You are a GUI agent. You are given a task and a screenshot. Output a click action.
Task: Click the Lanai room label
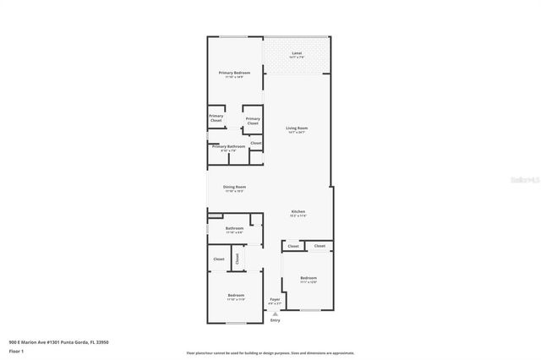[x=296, y=54]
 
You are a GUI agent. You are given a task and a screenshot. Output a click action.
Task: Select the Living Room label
[x=296, y=128]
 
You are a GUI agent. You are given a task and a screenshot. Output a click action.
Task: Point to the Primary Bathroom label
[x=228, y=146]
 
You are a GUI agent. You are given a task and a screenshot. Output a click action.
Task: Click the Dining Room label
[x=234, y=187]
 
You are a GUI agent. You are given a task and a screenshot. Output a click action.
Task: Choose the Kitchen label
[x=298, y=211]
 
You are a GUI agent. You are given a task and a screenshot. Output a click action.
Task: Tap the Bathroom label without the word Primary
[x=234, y=228]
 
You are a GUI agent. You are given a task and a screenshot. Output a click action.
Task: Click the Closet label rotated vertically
[x=237, y=259]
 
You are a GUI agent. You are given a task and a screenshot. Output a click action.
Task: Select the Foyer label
[x=275, y=299]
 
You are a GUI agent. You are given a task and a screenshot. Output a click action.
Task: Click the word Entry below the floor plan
[x=275, y=321]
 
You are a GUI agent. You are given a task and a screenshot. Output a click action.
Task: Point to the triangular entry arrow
[x=275, y=314]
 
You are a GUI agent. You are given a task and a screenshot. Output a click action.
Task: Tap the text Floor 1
[x=16, y=351]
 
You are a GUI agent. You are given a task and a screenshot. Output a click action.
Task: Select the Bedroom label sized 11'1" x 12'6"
[x=309, y=278]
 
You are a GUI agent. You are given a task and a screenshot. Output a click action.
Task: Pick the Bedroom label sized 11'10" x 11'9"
[x=236, y=295]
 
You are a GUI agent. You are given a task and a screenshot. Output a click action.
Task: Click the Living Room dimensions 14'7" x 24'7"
[x=296, y=132]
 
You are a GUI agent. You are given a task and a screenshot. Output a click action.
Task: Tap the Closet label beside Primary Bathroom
[x=255, y=143]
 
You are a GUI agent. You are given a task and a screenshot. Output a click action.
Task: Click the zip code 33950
[x=102, y=342]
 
